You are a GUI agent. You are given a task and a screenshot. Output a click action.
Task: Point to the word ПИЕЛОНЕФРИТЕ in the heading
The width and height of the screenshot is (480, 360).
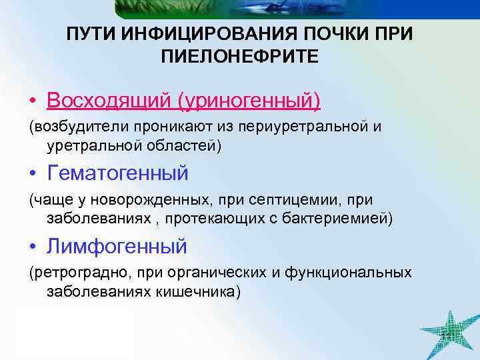click(239, 57)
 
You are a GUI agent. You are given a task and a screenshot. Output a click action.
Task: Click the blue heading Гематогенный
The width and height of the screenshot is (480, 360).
click(118, 173)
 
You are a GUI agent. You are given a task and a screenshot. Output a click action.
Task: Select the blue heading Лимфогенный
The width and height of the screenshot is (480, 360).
click(117, 247)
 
